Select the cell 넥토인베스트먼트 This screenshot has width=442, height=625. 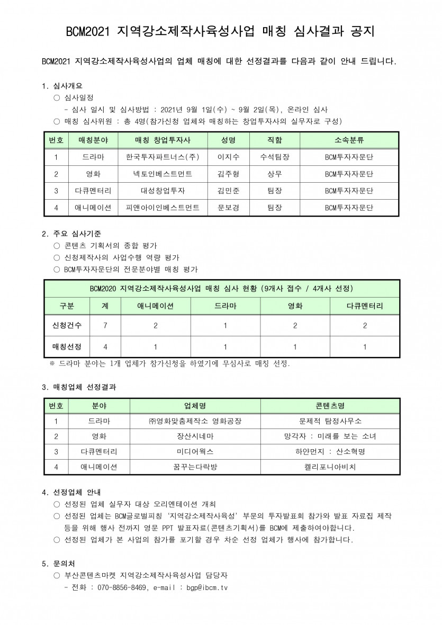pos(163,174)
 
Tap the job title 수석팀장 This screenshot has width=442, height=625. pos(275,157)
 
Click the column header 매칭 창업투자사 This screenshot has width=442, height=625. pos(163,140)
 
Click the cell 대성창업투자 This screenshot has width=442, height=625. pos(163,191)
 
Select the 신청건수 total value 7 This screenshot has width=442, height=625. pos(105,326)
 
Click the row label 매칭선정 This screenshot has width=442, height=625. pos(67,346)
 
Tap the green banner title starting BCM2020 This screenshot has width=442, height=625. pos(221,288)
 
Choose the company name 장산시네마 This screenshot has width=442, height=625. pos(195,436)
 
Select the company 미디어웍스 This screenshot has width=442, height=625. pos(195,452)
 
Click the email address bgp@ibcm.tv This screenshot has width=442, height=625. pos(203,588)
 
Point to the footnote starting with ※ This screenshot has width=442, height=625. pos(169,364)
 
